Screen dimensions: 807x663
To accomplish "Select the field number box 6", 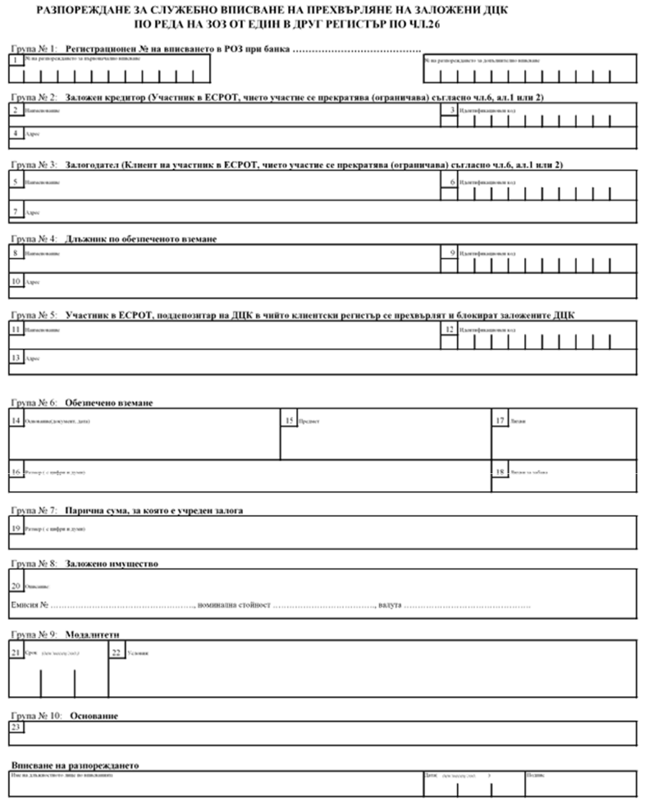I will (449, 181).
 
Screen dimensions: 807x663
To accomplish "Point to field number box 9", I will (449, 253).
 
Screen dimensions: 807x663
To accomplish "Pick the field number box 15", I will (289, 421).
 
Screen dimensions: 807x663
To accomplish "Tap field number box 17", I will (500, 421).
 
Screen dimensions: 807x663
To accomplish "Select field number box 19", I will (16, 528).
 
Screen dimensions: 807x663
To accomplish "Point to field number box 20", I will (16, 586).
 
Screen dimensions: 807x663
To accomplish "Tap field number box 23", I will (16, 726).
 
